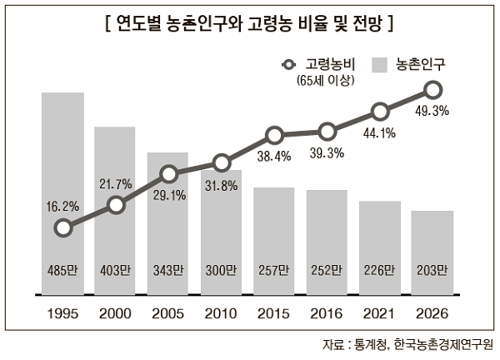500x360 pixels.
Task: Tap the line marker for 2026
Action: (432, 89)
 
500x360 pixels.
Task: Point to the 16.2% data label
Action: (62, 206)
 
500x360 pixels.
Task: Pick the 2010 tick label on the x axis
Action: (222, 314)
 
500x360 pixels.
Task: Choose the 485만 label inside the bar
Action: (62, 270)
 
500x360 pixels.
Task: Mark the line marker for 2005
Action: (169, 174)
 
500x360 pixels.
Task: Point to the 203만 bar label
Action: (432, 270)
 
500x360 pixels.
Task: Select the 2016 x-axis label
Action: (327, 314)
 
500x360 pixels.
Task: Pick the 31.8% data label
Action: (222, 185)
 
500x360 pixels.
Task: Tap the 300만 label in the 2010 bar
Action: (222, 270)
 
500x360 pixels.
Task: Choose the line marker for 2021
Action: (380, 111)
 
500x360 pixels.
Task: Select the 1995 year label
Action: (62, 314)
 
